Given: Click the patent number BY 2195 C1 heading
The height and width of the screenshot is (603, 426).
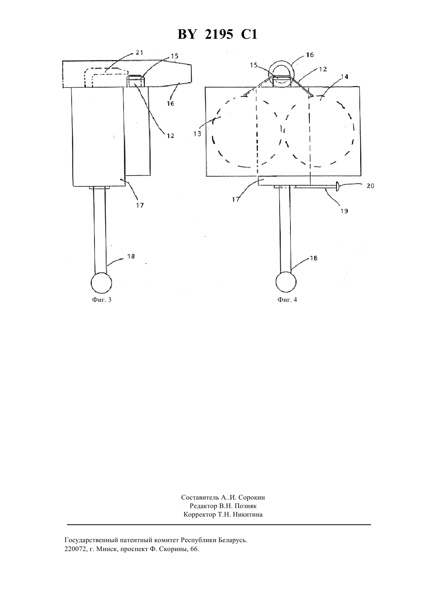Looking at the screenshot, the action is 217,34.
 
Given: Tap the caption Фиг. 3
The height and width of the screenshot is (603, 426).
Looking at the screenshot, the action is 101,300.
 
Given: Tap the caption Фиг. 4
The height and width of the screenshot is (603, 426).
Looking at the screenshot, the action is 287,300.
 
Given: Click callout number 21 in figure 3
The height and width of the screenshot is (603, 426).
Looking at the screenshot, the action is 139,52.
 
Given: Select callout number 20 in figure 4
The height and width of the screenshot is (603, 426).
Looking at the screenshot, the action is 370,186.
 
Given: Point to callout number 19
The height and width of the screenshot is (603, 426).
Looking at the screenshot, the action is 344,211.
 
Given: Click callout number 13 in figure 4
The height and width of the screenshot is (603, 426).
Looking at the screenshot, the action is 197,134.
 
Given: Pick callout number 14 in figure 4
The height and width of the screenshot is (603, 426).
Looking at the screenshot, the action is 345,77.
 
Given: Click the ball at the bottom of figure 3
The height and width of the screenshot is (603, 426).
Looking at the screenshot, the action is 101,283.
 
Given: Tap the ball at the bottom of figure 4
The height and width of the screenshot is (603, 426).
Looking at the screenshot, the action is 286,282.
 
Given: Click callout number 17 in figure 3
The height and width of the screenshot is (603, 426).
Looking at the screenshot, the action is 140,205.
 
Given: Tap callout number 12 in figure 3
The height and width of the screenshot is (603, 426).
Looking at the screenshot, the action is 170,136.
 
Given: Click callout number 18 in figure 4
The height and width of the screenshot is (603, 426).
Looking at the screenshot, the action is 314,258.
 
